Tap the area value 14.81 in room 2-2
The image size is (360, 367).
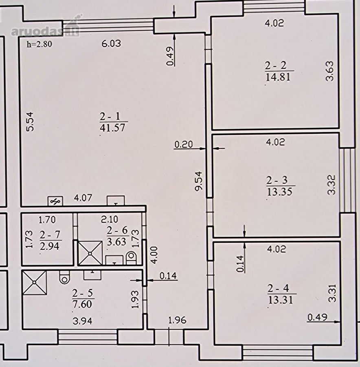[x=278, y=77]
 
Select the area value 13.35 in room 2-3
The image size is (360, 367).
[x=280, y=192]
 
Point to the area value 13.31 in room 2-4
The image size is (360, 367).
[x=281, y=300]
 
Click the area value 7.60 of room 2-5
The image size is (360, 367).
[x=82, y=304]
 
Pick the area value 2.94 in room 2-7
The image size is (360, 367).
[x=50, y=246]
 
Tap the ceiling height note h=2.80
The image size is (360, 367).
[x=39, y=44]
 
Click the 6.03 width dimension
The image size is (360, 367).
[x=111, y=44]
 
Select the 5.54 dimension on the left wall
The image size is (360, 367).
[x=30, y=122]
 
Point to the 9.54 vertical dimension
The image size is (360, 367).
[x=199, y=181]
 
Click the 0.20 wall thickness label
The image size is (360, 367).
[x=184, y=144]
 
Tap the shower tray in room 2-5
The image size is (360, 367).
[x=34, y=283]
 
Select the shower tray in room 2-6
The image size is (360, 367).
[x=90, y=253]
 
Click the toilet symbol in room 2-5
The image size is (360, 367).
[x=64, y=277]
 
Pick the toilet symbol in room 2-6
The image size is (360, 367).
[x=131, y=258]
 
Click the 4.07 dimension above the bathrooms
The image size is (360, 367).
[x=83, y=198]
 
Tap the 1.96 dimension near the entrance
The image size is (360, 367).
[x=178, y=320]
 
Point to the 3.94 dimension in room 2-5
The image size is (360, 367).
[x=82, y=321]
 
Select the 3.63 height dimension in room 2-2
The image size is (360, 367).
[x=329, y=71]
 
